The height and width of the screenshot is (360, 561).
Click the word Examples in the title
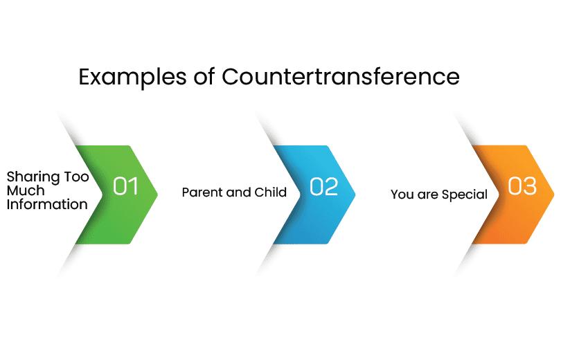132,78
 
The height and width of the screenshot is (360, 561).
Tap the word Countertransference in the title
341,76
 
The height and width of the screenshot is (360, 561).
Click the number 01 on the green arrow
125,186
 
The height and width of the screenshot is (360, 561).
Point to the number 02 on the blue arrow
324,186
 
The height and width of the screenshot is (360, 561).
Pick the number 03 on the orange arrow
522,186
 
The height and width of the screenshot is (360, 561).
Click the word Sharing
33,178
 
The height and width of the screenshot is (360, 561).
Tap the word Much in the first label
26,190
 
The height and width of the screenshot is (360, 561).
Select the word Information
47,204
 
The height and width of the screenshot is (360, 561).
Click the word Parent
202,192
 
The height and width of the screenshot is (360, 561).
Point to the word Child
271,192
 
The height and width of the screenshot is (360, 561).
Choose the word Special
465,195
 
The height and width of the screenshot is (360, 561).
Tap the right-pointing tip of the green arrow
157,195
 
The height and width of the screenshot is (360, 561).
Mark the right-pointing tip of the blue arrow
355,195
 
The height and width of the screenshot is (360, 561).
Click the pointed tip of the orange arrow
554,195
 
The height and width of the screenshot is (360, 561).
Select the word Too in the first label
76,177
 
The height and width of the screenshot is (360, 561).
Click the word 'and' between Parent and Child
239,192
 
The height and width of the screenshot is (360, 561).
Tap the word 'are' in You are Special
427,195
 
